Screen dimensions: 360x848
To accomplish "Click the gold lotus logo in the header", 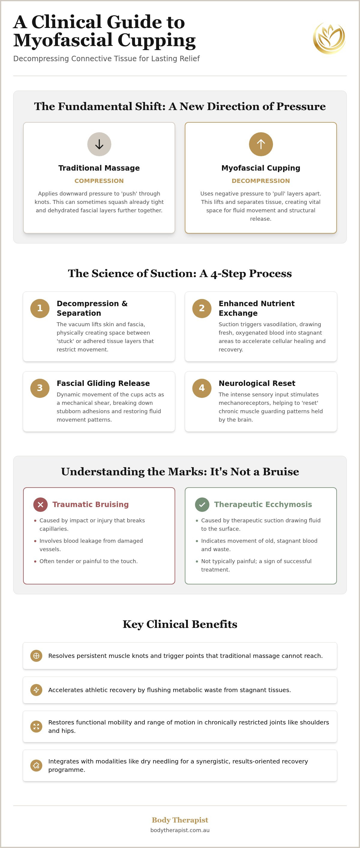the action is pyautogui.click(x=329, y=38).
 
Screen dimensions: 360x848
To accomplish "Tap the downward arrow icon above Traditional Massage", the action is pyautogui.click(x=99, y=144).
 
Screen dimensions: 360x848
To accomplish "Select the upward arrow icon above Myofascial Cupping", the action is pyautogui.click(x=261, y=144).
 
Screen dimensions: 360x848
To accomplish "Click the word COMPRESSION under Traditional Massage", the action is pyautogui.click(x=99, y=181).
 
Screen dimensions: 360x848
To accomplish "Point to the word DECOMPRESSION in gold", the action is pyautogui.click(x=261, y=181).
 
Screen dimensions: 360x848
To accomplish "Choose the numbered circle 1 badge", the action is pyautogui.click(x=40, y=309).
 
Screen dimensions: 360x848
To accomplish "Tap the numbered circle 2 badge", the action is pyautogui.click(x=202, y=309).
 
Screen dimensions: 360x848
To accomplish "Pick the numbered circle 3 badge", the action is pyautogui.click(x=40, y=388).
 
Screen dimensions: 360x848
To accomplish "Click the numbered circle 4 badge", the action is pyautogui.click(x=202, y=388).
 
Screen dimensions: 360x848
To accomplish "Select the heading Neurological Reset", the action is pyautogui.click(x=257, y=383).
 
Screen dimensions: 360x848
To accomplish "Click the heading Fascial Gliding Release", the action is pyautogui.click(x=103, y=383).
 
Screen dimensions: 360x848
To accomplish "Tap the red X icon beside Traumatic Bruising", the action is pyautogui.click(x=40, y=505).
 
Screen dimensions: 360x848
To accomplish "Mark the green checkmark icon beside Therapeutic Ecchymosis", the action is pyautogui.click(x=202, y=505).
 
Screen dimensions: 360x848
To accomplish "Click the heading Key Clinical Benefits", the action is pyautogui.click(x=180, y=624).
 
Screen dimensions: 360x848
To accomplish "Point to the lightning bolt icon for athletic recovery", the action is pyautogui.click(x=36, y=690).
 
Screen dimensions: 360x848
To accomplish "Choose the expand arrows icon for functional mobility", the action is pyautogui.click(x=36, y=727).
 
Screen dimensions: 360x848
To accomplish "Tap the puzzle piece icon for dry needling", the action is pyautogui.click(x=36, y=765).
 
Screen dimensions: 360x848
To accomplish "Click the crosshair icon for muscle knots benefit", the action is pyautogui.click(x=36, y=656).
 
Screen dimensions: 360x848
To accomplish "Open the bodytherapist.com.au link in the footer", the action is pyautogui.click(x=180, y=830).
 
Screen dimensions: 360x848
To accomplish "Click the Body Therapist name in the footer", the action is pyautogui.click(x=180, y=820).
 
